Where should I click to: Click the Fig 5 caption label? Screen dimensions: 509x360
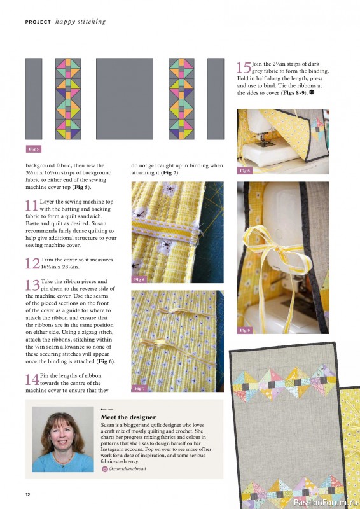(33, 149)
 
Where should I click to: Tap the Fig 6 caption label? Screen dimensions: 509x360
(139, 279)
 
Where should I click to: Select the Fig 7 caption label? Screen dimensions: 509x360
(139, 388)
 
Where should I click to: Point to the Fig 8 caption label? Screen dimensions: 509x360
(245, 171)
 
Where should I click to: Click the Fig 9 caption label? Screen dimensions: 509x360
(245, 330)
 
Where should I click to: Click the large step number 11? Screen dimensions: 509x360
(32, 206)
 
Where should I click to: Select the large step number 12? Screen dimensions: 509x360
(32, 264)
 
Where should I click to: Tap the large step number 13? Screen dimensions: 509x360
(32, 285)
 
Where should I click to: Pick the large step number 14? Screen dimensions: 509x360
(32, 380)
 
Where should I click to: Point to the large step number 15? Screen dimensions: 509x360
(244, 67)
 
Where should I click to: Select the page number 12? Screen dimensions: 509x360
(28, 494)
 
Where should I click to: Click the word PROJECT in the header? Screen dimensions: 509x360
(38, 22)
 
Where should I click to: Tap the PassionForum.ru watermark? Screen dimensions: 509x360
(324, 501)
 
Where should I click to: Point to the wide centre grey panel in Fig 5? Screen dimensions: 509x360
(125, 99)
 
